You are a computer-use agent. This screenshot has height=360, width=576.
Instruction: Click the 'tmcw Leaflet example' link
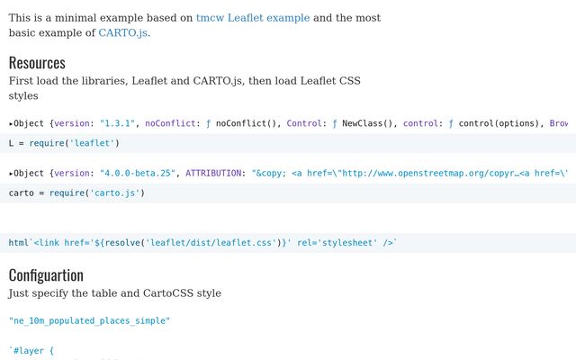pos(253,18)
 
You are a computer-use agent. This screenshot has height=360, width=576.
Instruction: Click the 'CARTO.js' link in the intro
pos(122,33)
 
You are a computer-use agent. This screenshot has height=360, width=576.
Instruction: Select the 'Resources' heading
pos(37,62)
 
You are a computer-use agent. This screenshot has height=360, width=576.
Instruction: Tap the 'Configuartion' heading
pos(46,274)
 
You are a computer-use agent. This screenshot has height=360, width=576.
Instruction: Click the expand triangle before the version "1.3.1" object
pos(12,123)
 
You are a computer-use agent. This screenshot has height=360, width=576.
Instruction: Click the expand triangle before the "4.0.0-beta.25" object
pos(12,173)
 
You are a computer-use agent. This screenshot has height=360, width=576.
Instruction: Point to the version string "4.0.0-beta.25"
pos(134,173)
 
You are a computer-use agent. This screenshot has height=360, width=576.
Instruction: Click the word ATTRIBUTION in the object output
pos(215,173)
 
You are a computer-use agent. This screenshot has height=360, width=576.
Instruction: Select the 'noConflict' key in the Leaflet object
pos(171,123)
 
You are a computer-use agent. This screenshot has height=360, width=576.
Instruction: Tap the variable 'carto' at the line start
pos(22,193)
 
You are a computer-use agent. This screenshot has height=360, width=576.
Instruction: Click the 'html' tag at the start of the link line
pos(19,243)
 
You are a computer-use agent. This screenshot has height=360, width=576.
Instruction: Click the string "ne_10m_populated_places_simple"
pos(89,320)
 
